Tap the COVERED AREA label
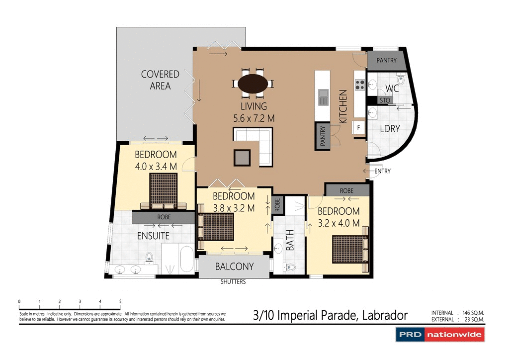(x=160, y=80)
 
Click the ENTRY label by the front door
(x=382, y=171)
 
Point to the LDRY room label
(x=390, y=128)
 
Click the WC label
(x=392, y=89)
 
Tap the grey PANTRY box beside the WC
(x=386, y=61)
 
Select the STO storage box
(x=385, y=100)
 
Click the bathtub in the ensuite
(x=187, y=258)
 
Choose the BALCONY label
(x=234, y=267)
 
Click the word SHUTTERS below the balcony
(x=233, y=282)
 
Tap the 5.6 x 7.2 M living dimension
(x=254, y=118)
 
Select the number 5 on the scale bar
(x=120, y=302)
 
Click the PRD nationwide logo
(x=439, y=335)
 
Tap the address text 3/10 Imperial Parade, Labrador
(x=330, y=315)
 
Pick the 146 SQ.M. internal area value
(x=473, y=313)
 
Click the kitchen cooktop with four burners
(x=359, y=85)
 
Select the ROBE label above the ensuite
(x=164, y=217)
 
